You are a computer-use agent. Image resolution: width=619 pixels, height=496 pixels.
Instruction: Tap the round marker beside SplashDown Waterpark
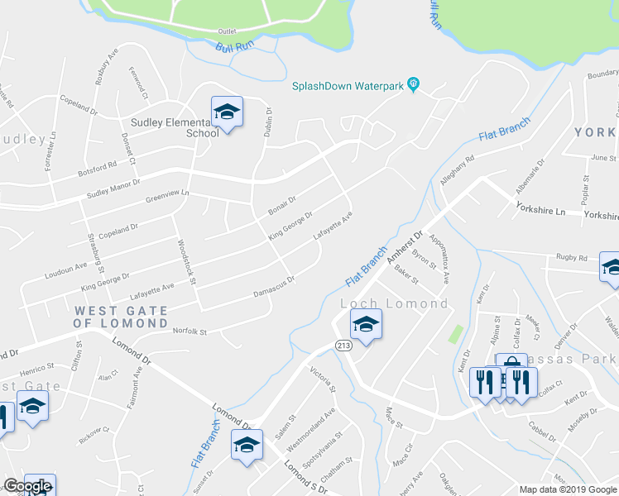click(x=415, y=84)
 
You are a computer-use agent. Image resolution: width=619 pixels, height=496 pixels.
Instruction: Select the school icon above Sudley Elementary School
click(x=226, y=112)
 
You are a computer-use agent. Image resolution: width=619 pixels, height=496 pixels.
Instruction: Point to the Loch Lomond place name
click(x=395, y=303)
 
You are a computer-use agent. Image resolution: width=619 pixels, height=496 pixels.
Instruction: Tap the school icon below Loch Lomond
click(x=366, y=325)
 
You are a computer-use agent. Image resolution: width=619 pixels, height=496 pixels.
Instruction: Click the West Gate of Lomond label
click(x=121, y=317)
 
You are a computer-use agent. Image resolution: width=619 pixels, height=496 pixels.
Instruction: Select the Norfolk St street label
click(x=190, y=332)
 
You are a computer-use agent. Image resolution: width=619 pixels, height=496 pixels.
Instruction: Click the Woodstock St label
click(x=185, y=263)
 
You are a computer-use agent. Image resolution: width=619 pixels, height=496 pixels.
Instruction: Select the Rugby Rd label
click(x=571, y=258)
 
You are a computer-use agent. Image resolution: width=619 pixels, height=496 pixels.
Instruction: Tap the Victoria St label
click(x=321, y=379)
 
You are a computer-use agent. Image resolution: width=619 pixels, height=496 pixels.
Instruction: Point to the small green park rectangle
click(x=454, y=334)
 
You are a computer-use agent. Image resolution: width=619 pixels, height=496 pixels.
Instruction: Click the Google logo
click(x=27, y=486)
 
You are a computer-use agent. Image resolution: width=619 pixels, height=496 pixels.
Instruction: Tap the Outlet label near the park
click(x=227, y=31)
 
